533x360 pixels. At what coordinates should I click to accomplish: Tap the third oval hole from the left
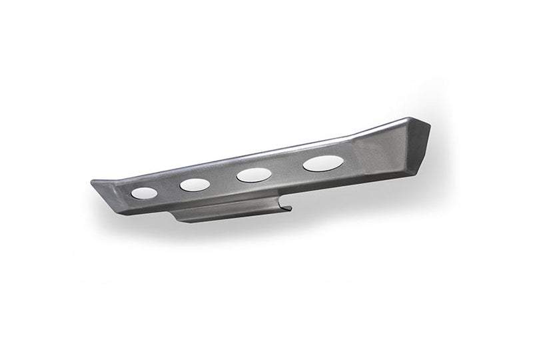(x=254, y=175)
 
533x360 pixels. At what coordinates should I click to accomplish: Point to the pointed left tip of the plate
(x=93, y=180)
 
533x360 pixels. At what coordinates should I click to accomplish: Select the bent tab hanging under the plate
(x=227, y=212)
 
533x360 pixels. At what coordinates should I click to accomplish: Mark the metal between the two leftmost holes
(x=169, y=189)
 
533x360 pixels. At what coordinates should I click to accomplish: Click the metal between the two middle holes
(x=224, y=180)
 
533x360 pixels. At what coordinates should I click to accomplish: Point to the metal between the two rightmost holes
(x=287, y=169)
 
